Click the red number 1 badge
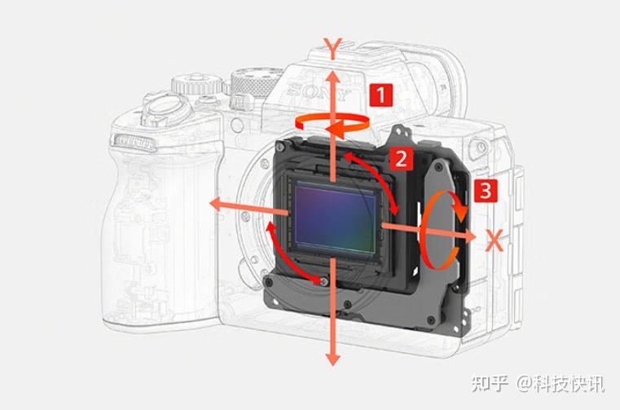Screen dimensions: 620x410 [381, 95]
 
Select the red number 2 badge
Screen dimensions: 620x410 [402, 159]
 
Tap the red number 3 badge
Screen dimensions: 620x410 [486, 191]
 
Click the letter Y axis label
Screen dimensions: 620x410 [333, 49]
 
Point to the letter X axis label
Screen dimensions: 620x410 [495, 240]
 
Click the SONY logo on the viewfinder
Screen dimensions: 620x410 [319, 92]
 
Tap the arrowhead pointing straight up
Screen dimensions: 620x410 [333, 78]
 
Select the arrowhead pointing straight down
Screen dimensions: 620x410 [333, 359]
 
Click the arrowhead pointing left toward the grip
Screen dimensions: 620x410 [216, 205]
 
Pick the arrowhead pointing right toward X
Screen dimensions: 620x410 [469, 236]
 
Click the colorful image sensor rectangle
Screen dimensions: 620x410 [336, 218]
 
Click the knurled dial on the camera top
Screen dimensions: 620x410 [253, 82]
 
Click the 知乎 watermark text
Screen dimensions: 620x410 [490, 383]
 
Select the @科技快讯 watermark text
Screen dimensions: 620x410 [561, 383]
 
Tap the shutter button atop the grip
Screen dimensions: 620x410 [163, 108]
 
